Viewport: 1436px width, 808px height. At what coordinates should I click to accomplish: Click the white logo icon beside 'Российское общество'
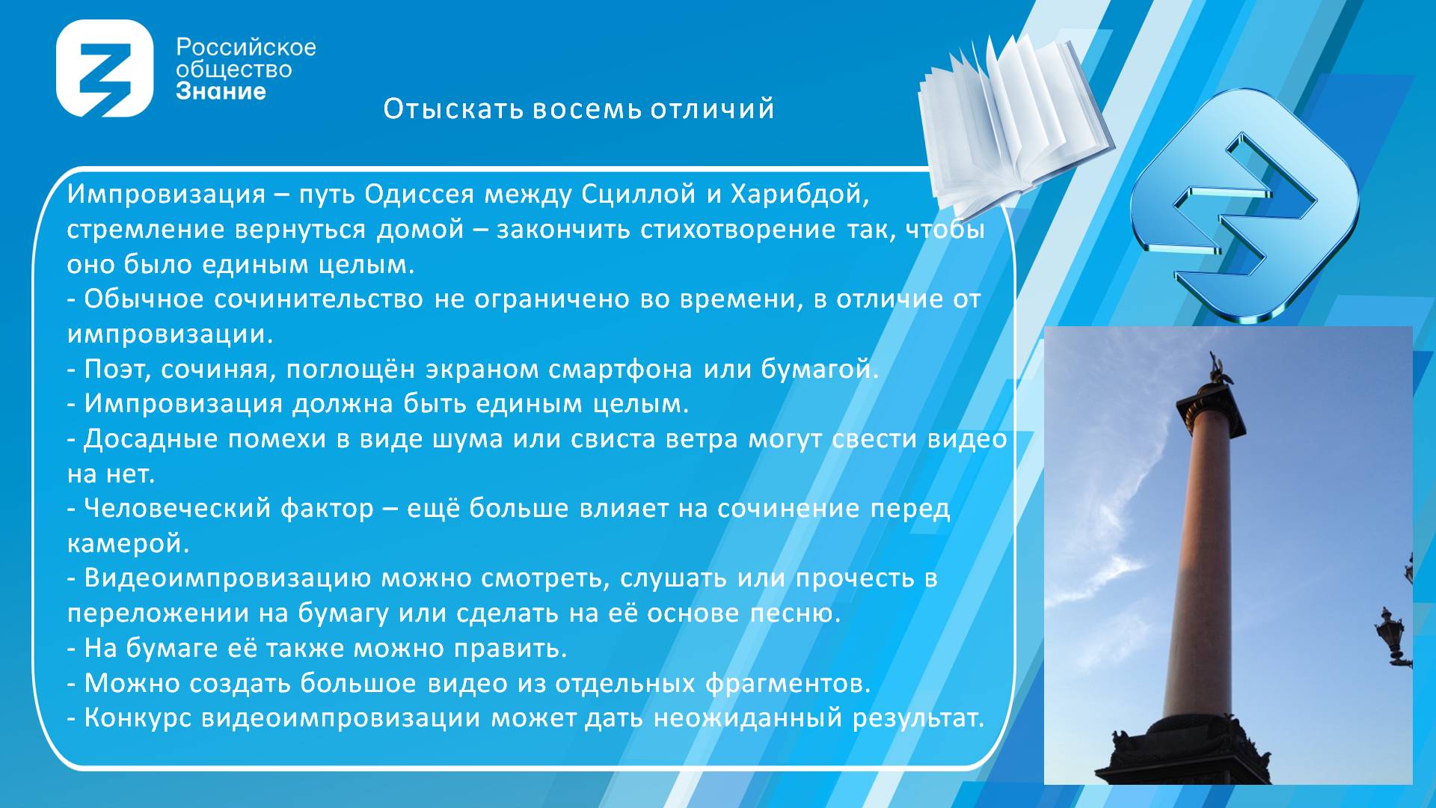[x=105, y=69]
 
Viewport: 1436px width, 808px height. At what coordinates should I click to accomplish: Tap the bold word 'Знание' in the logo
[x=221, y=91]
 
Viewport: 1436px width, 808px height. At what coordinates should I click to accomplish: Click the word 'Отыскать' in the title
[x=453, y=109]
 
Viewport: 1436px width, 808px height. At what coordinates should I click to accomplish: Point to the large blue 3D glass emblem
[x=1243, y=206]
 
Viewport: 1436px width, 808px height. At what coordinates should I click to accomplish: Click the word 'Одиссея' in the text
[x=419, y=195]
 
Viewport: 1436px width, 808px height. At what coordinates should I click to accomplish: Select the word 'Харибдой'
[x=800, y=195]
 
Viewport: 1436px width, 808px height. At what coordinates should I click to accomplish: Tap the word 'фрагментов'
[x=788, y=683]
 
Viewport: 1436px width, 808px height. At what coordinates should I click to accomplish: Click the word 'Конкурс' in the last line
[x=138, y=718]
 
